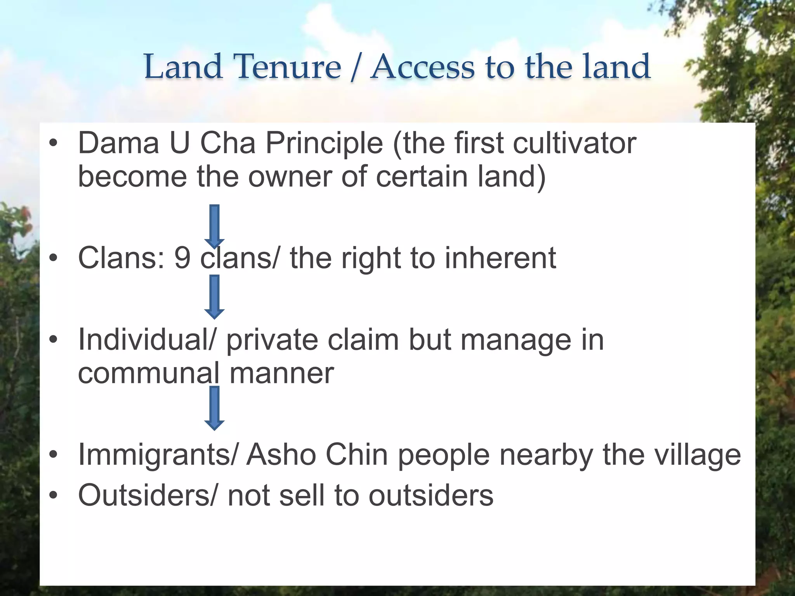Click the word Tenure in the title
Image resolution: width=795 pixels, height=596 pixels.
coord(287,67)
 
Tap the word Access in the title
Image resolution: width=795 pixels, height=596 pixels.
coord(422,67)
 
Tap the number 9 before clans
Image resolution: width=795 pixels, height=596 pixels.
coord(182,258)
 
